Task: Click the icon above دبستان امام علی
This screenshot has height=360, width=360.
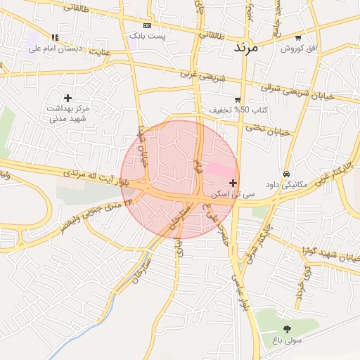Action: click(x=55, y=37)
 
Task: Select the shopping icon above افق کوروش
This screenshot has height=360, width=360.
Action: click(x=298, y=37)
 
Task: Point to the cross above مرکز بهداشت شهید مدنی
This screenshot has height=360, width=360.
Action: click(x=67, y=98)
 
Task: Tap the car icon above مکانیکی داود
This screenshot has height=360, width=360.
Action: click(x=286, y=173)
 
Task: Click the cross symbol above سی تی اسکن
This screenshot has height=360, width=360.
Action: click(x=233, y=183)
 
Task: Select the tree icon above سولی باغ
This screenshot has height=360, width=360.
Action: click(x=287, y=329)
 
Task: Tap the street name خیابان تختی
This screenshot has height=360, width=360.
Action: click(x=268, y=131)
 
